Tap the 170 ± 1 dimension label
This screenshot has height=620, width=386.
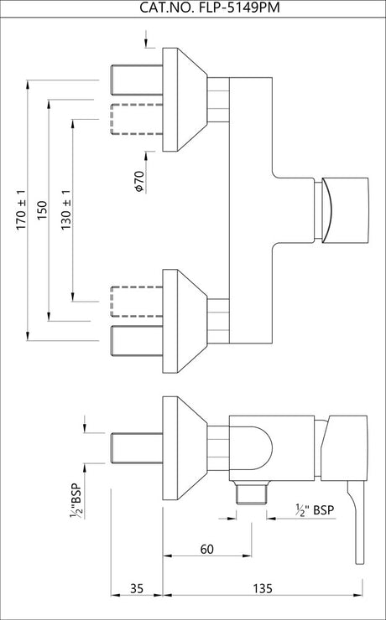(21, 210)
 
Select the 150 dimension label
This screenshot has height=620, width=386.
(42, 210)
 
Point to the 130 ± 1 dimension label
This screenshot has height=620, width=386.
(66, 210)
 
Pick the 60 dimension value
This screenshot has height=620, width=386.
(206, 549)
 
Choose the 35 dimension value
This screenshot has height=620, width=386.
(137, 588)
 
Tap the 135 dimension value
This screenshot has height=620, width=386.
(263, 588)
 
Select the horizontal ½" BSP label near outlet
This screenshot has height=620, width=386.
(315, 509)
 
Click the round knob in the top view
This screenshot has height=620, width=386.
(345, 210)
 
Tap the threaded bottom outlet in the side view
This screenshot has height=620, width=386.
(252, 493)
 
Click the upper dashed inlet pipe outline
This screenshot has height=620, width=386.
(137, 120)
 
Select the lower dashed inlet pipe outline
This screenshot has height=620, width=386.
(137, 302)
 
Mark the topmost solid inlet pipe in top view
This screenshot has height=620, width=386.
(137, 80)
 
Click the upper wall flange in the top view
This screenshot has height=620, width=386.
(185, 100)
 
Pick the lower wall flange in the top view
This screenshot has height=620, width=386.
(185, 321)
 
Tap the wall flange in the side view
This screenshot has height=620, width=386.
(185, 448)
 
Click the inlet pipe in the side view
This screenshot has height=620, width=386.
(137, 448)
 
